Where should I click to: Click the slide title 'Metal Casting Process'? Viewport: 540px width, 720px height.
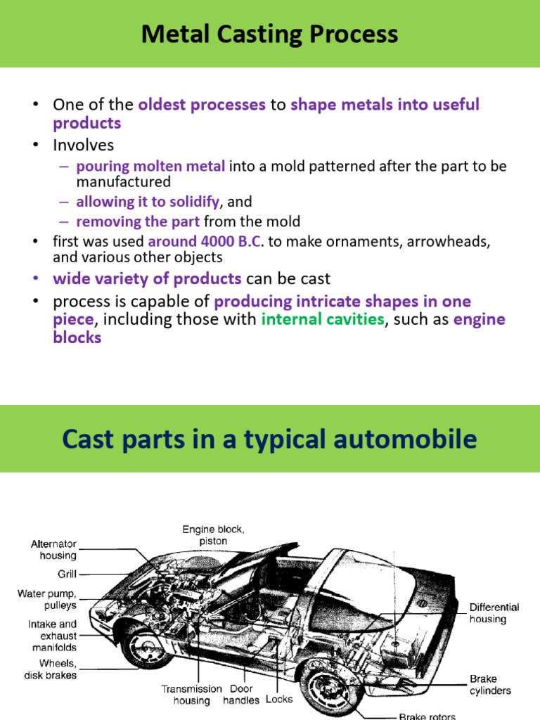tap(269, 34)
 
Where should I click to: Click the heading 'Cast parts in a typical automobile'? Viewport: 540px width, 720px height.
tap(269, 439)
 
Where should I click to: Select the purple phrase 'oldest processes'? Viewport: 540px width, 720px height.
tap(202, 105)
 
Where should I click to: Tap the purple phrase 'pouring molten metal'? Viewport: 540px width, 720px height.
tap(150, 167)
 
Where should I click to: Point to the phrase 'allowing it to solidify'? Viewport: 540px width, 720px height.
tap(148, 202)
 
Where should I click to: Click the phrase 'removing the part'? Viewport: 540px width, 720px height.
tap(138, 222)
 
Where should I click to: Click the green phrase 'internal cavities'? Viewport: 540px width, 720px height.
tap(323, 320)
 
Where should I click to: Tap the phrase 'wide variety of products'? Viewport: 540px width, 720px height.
tap(147, 278)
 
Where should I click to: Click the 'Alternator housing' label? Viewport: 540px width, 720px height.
tap(53, 549)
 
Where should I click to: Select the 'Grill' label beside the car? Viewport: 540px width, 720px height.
tap(67, 574)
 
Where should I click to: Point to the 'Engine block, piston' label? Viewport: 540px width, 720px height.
tap(214, 535)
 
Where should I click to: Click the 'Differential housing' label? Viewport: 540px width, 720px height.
tap(494, 612)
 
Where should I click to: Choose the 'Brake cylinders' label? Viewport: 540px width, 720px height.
tap(490, 685)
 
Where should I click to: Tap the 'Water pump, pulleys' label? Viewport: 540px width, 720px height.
tap(47, 599)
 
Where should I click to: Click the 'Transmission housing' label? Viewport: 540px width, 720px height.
tap(191, 695)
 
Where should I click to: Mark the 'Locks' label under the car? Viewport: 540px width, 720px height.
tap(279, 700)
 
